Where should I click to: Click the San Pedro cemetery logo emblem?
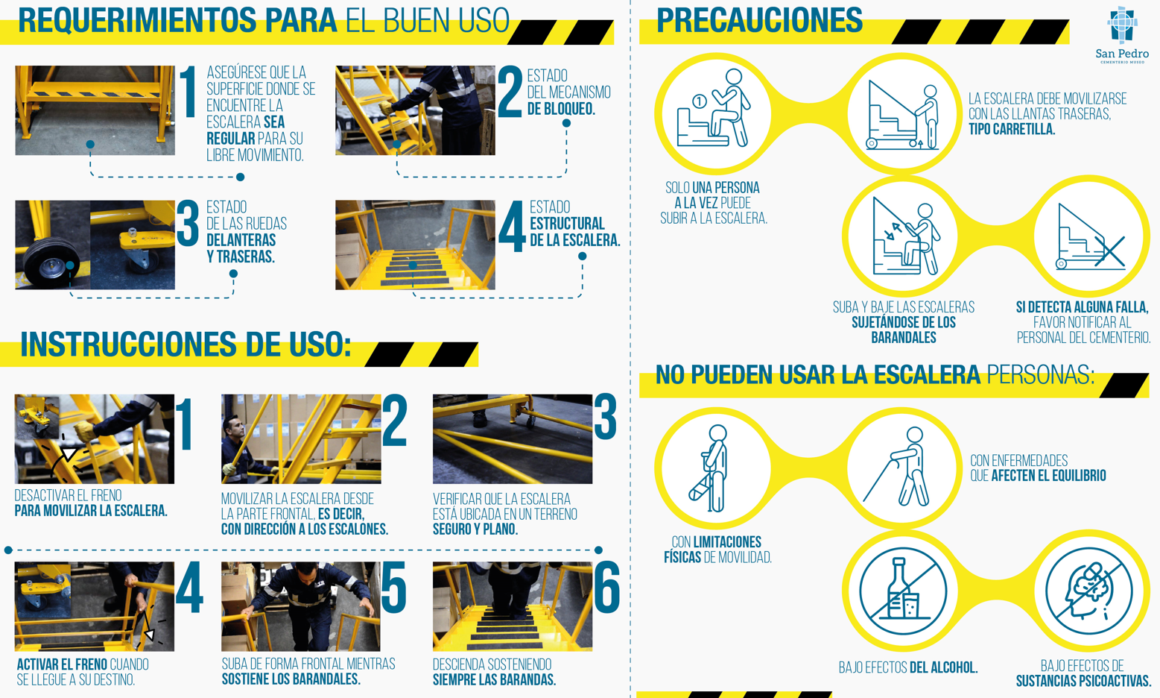(1122, 25)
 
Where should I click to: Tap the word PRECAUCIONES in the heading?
(759, 20)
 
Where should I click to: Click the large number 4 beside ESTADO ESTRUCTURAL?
(512, 227)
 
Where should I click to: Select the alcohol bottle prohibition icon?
(903, 591)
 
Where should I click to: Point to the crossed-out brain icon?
(1089, 591)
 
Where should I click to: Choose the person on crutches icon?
(709, 468)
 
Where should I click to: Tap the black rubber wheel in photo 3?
(51, 262)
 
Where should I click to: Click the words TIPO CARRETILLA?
(1012, 129)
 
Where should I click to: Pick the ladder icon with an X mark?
(1091, 237)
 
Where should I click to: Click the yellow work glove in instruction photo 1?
(84, 432)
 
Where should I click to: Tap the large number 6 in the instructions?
(606, 588)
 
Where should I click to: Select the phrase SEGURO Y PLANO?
(475, 529)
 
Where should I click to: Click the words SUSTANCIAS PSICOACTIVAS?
(1083, 680)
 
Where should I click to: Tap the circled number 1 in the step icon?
(699, 101)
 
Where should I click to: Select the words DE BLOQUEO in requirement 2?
(561, 109)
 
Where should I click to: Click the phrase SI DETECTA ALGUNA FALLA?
(1083, 307)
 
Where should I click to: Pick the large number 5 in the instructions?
(393, 588)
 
